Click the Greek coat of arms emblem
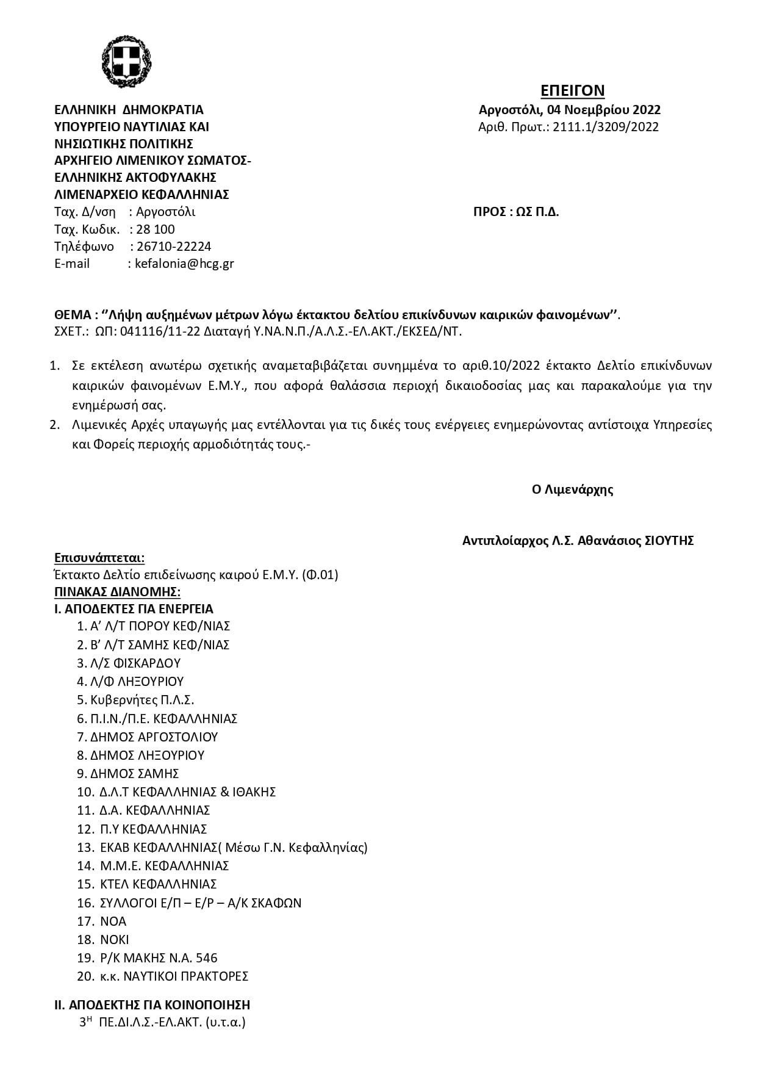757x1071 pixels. [126, 61]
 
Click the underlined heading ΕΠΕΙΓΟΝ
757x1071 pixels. [572, 90]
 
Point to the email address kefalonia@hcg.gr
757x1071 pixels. [184, 264]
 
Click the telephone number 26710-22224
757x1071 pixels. [174, 247]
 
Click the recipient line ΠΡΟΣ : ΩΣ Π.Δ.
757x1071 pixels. [516, 212]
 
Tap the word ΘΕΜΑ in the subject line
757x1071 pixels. [73, 315]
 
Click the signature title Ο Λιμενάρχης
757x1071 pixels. [572, 489]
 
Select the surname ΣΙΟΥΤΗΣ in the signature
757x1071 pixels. [669, 541]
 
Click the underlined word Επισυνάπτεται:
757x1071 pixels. [99, 558]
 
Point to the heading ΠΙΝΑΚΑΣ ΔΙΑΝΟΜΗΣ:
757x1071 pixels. [117, 592]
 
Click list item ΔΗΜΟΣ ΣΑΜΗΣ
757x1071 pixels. [134, 774]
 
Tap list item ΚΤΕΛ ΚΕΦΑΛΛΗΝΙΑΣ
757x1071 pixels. [159, 884]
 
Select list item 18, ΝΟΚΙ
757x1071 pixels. [115, 940]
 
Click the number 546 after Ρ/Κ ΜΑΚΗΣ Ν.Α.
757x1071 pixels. [207, 958]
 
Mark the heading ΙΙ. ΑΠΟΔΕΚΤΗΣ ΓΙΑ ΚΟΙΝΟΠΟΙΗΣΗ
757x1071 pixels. [152, 1005]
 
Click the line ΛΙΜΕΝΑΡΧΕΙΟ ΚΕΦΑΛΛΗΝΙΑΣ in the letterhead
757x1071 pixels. [142, 195]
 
